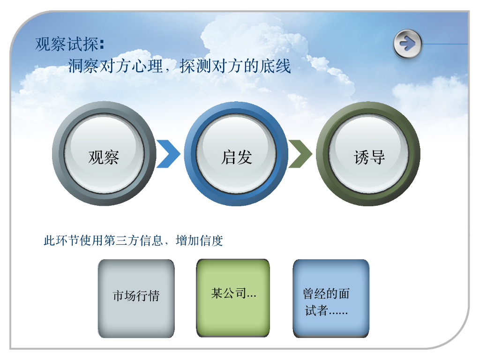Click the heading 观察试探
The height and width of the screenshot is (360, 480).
[x=67, y=45]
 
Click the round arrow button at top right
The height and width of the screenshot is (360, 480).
[x=407, y=44]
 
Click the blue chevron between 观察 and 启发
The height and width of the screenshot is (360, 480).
[x=168, y=154]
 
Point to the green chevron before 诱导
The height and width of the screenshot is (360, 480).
[x=300, y=154]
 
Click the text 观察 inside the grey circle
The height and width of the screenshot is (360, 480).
[x=104, y=157]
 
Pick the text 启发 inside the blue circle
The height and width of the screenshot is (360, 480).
[x=236, y=157]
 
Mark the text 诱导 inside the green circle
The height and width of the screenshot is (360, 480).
[x=369, y=157]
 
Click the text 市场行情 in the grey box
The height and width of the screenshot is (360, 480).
[x=136, y=296]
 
